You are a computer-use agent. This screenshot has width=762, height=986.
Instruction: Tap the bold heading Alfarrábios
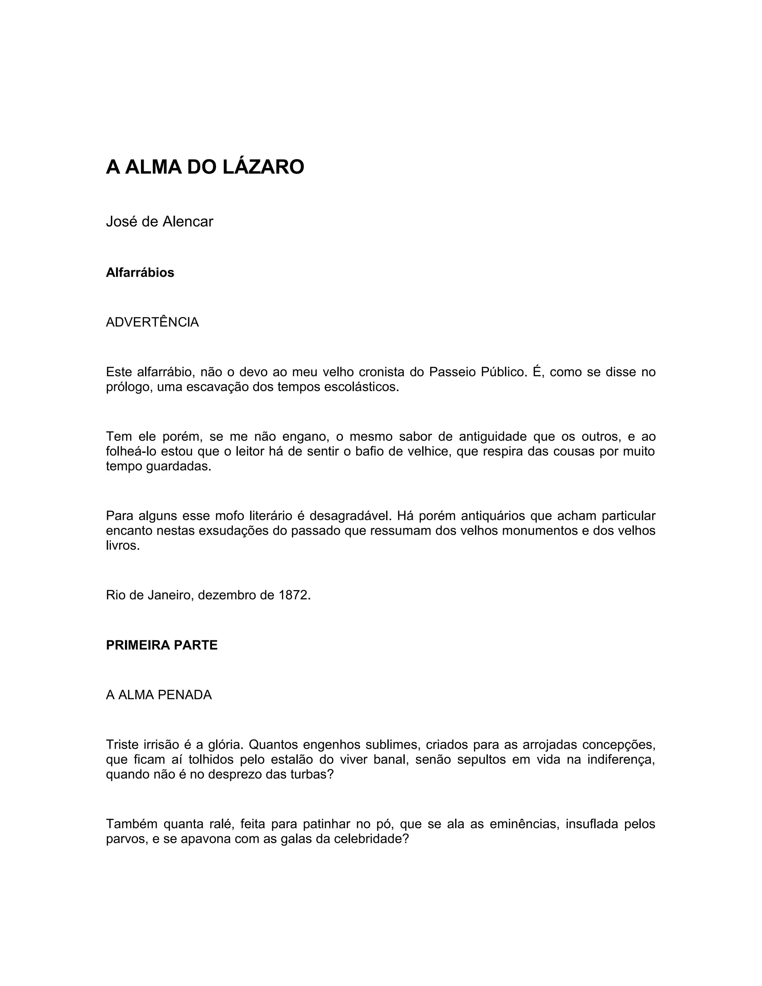point(140,273)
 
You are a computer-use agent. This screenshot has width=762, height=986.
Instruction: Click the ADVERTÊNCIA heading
point(152,322)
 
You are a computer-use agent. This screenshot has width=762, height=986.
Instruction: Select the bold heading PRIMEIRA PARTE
point(161,645)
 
